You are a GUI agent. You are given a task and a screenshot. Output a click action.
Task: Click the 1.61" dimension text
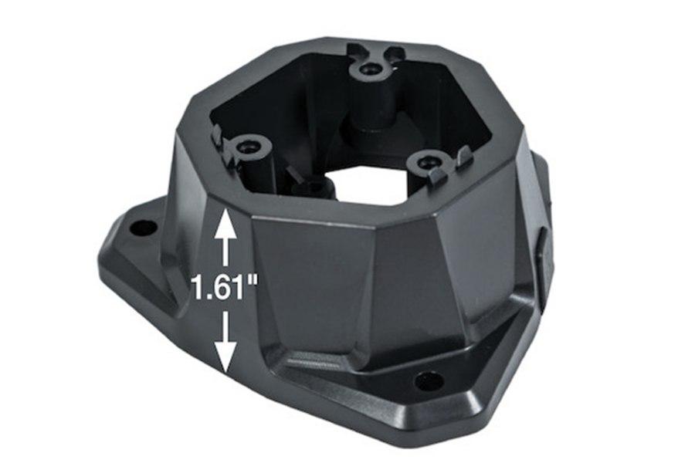click(x=224, y=290)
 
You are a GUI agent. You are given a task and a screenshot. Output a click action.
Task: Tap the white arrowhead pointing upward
click(x=225, y=226)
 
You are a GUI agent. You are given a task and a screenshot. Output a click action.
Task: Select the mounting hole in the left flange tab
click(x=141, y=228)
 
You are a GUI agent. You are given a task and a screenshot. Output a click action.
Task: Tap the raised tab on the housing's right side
click(x=545, y=255)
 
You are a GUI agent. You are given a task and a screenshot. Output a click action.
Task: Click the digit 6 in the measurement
click(x=224, y=290)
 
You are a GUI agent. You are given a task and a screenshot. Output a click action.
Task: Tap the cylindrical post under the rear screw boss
click(x=369, y=116)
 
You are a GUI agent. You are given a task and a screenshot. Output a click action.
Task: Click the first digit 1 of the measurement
click(x=198, y=290)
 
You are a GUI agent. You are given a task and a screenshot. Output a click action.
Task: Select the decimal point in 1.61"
click(x=211, y=299)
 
